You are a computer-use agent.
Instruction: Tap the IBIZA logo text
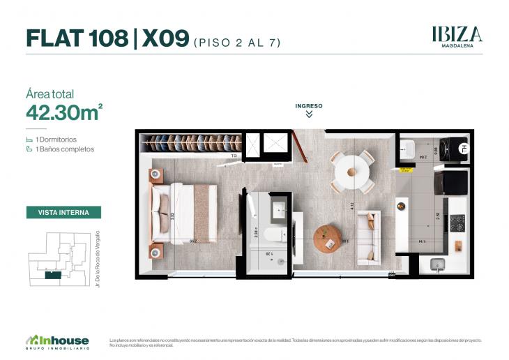point(457,33)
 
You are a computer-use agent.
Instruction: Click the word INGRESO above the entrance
point(309,106)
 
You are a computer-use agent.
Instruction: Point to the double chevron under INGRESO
point(309,114)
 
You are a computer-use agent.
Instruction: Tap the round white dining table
point(350,170)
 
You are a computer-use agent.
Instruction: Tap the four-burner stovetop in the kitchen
point(457,223)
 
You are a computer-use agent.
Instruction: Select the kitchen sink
point(437,264)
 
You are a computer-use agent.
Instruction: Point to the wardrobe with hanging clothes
point(192,143)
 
